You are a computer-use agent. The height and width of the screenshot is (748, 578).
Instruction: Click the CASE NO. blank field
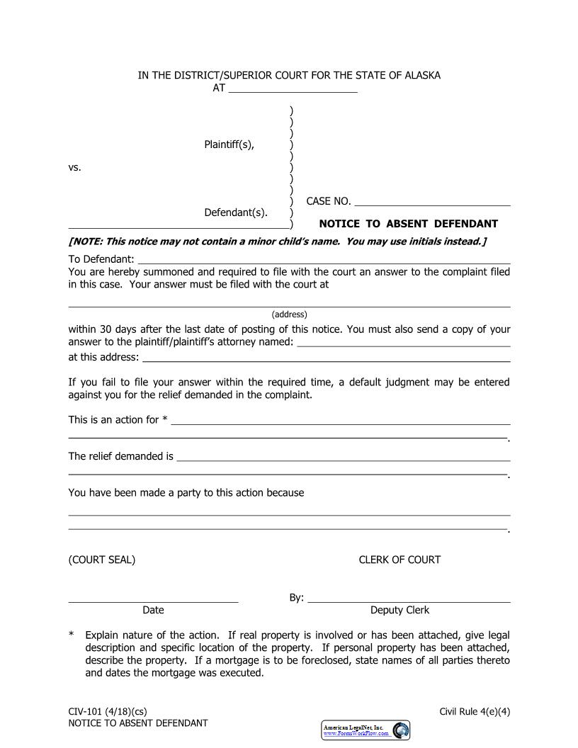point(432,202)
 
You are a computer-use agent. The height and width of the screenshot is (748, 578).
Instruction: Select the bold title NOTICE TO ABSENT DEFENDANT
point(408,224)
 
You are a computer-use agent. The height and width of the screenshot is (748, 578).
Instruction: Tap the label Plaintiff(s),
point(229,145)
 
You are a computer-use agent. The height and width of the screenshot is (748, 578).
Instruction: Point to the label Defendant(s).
point(236,212)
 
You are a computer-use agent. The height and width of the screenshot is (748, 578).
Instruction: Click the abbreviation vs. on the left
point(75,168)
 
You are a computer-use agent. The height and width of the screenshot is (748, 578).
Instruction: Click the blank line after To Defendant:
point(324,260)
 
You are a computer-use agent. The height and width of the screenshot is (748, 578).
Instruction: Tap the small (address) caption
point(289,314)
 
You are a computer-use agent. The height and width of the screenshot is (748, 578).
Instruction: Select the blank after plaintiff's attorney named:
point(404,343)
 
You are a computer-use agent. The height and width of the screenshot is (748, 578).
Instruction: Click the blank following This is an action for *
point(341,421)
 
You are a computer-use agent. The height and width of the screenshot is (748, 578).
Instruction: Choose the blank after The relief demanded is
point(344,458)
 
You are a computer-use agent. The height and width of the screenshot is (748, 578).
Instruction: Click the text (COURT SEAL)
point(102,560)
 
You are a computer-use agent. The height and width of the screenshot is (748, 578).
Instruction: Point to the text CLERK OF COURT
point(399,560)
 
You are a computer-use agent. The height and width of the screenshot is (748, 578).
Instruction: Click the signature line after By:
point(409,599)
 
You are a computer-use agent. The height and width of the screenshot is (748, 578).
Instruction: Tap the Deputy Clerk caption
point(399,610)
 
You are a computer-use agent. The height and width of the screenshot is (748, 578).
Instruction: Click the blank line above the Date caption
point(153,599)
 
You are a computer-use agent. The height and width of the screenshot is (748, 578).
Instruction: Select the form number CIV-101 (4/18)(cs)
point(108,711)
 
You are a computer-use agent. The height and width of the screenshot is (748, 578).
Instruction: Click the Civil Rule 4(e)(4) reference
point(475,711)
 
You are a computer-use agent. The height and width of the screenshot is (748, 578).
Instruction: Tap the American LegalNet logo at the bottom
point(366,730)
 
